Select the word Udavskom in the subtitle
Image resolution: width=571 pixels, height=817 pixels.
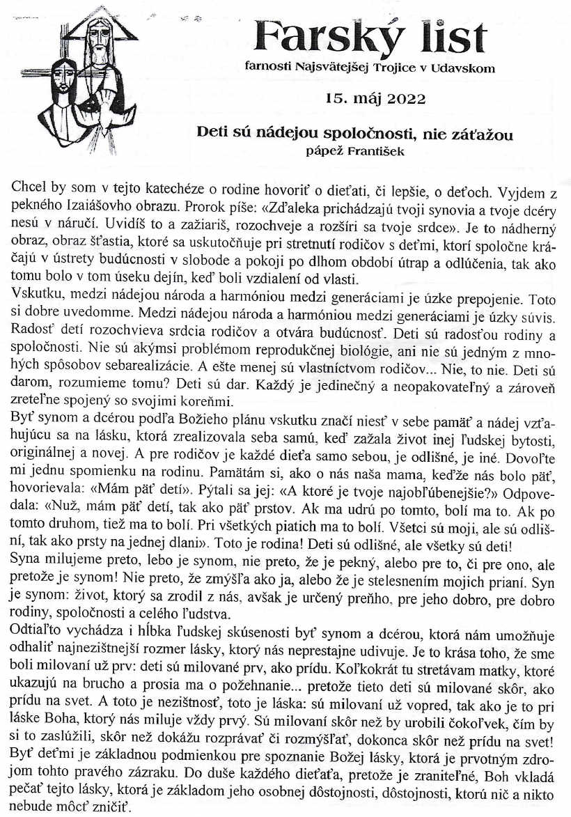pos(462,68)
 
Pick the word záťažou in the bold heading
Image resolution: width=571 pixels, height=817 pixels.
pos(484,134)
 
